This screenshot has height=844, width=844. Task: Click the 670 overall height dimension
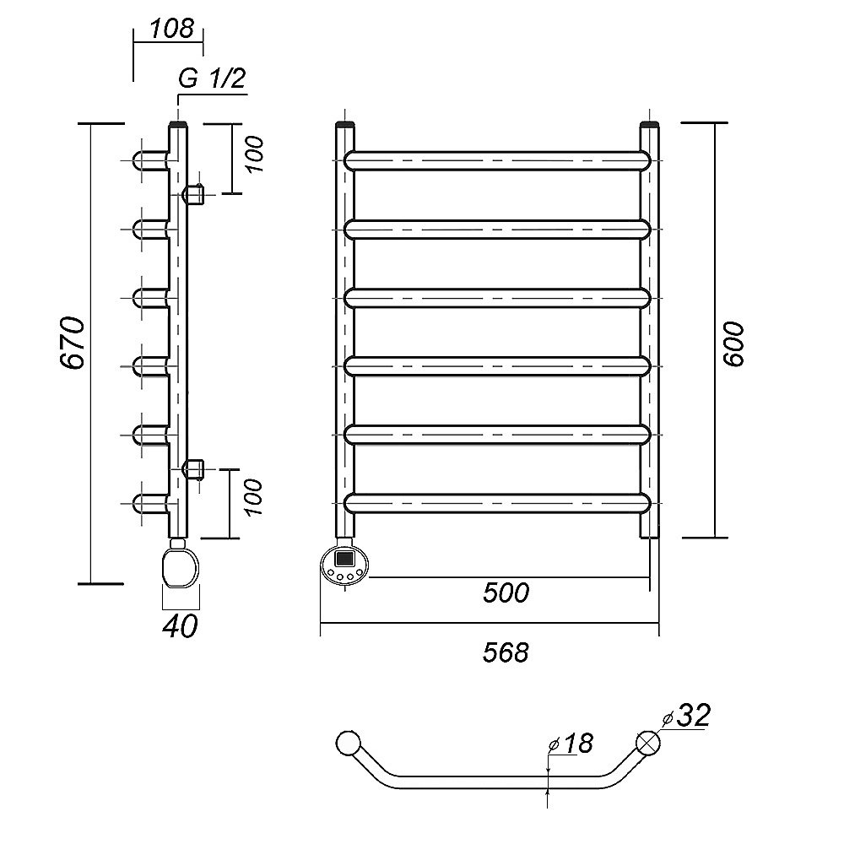coord(73,343)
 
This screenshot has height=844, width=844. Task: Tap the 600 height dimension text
coord(733,343)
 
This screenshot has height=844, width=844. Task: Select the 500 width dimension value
coord(506,593)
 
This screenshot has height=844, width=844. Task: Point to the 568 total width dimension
coord(507,651)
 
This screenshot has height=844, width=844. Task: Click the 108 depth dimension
coord(171,30)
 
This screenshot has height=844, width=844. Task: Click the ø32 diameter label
coord(686,716)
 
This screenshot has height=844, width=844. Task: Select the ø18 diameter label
coord(571,744)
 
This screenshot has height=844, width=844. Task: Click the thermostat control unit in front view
coord(344,564)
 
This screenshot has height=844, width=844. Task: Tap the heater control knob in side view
coord(181,566)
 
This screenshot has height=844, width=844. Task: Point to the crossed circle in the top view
coord(648,743)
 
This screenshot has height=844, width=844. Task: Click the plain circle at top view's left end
coord(347,743)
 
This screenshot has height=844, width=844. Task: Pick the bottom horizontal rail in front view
coord(498,503)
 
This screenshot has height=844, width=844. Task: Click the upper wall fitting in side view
coord(195,194)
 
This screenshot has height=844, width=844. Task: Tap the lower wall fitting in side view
coord(195,469)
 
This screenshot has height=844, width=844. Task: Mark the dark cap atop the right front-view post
coord(649,127)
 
